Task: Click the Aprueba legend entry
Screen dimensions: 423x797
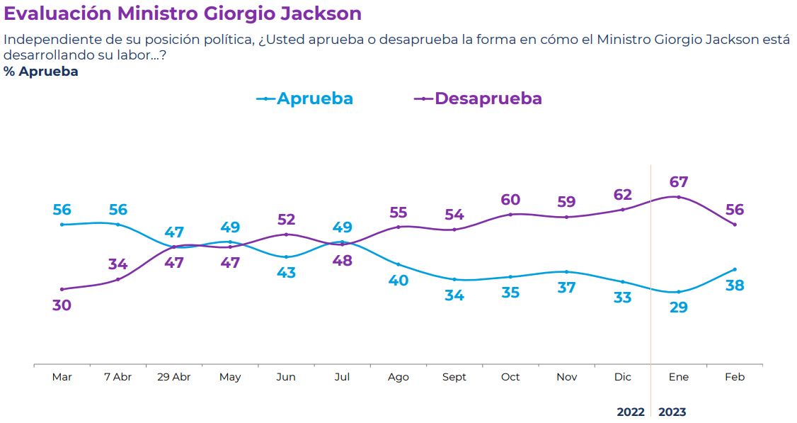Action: pos(305,98)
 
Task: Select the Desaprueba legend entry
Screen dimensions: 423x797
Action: pos(478,98)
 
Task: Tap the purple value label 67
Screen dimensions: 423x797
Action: pos(679,182)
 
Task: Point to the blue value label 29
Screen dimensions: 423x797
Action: pos(679,308)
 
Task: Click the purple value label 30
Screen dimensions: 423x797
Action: pos(62,305)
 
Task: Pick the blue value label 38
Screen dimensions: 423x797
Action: pos(735,286)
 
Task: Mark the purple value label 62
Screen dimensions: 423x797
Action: pos(623,195)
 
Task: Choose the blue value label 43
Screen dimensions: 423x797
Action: pos(286,273)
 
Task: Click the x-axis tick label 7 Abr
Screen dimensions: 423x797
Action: pos(118,377)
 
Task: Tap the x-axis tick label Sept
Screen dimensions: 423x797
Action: pos(454,377)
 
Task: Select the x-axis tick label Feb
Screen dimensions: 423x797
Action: pos(735,377)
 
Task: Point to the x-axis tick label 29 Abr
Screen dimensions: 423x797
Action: pos(174,377)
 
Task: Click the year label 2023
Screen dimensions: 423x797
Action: pos(672,412)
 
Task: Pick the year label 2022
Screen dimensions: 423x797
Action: pos(631,412)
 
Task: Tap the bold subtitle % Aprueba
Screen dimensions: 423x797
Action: pos(41,72)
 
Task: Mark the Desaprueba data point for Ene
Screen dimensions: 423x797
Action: pos(679,197)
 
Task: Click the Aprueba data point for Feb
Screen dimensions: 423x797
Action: pos(735,269)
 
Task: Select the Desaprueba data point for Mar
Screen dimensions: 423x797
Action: pos(62,289)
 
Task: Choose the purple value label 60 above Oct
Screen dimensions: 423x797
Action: pos(510,199)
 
